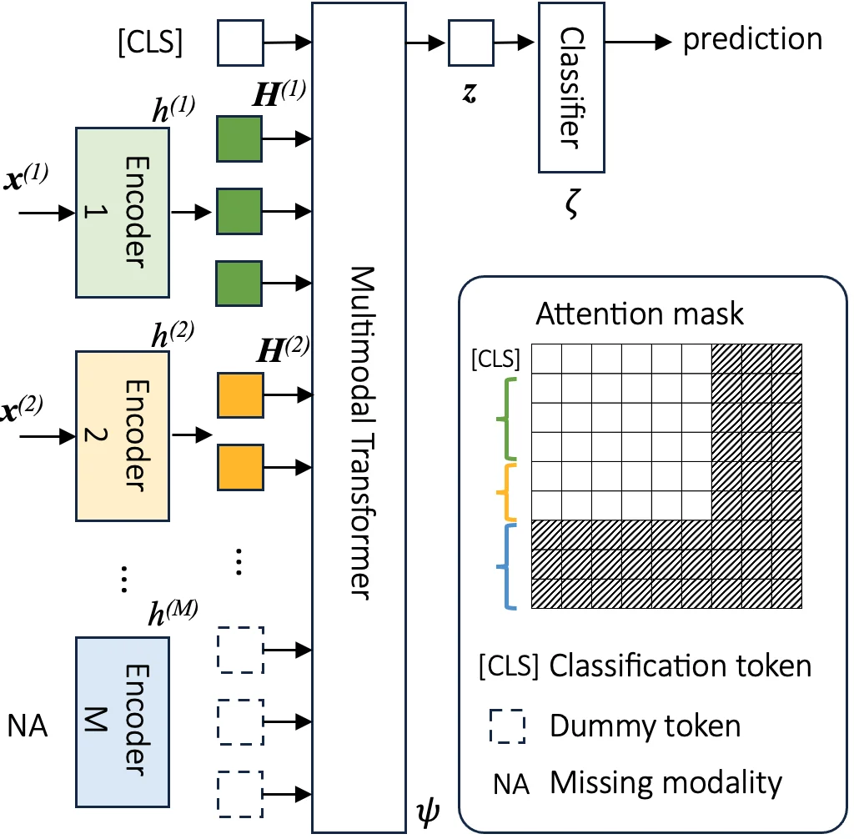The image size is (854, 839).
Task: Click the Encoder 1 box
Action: (x=122, y=213)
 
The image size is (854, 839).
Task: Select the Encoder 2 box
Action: (x=122, y=435)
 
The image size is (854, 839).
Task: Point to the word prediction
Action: (x=752, y=39)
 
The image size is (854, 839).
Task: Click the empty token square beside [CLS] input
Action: (x=239, y=43)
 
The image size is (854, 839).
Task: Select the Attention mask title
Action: (x=640, y=314)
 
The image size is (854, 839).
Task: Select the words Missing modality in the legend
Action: (x=666, y=783)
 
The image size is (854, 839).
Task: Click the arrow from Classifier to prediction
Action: (x=638, y=40)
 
